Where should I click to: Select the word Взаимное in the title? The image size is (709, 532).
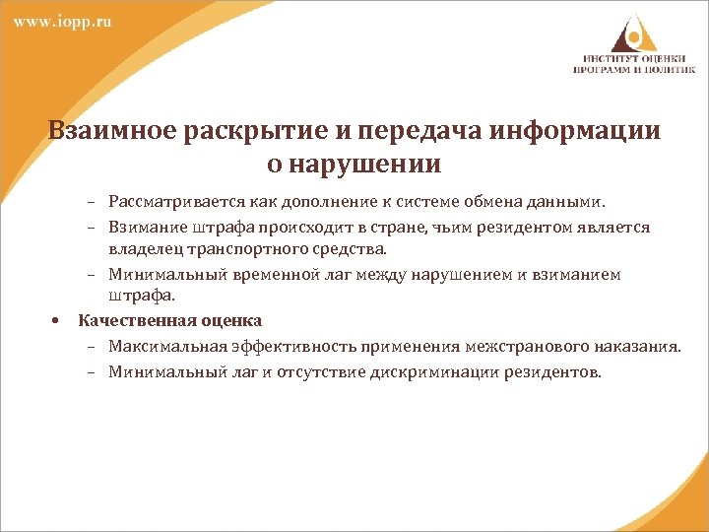tap(107, 131)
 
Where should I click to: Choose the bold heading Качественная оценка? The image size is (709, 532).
tap(170, 321)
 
